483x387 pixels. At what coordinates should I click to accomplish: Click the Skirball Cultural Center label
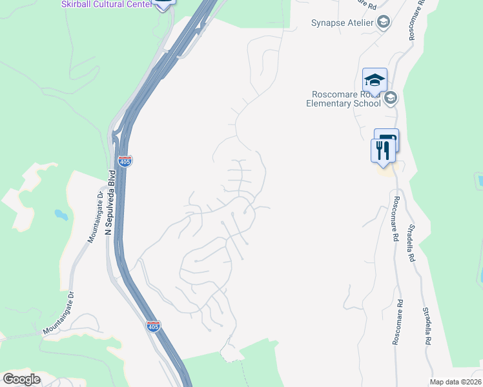coord(107,5)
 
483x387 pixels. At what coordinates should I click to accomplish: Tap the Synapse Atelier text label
coord(342,23)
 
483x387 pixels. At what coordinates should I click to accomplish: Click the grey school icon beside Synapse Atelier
coord(384,23)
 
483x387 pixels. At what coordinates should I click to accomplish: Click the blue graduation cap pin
coord(375,81)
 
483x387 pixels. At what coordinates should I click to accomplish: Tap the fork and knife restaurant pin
coord(382,151)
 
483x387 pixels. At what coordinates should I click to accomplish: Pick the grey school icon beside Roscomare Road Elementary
coord(390,98)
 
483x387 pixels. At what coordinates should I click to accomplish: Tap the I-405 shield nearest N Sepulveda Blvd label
coord(125,161)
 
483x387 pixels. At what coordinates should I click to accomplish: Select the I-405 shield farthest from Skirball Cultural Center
coord(152,326)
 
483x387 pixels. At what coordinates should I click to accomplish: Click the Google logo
coord(22,379)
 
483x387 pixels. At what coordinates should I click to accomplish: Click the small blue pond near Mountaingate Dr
coord(60,214)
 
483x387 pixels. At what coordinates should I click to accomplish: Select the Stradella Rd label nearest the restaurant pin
coord(410,242)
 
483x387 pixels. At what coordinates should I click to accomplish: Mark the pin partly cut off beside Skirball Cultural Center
coord(164,3)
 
